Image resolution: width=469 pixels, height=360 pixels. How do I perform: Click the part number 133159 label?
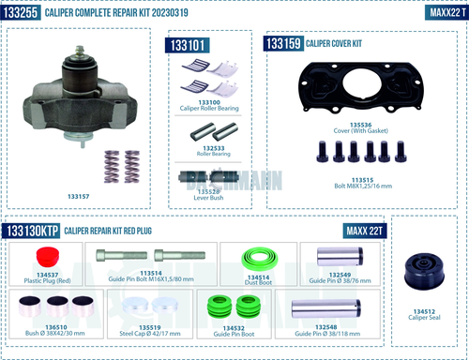point(283,43)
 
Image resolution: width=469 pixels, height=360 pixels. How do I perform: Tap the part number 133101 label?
point(188,45)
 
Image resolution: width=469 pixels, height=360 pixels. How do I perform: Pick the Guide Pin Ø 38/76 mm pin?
point(332,257)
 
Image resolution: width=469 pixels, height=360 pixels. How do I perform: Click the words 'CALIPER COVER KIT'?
point(337,43)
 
